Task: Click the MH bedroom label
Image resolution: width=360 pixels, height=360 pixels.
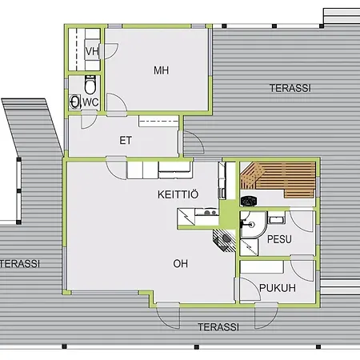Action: pos(162,70)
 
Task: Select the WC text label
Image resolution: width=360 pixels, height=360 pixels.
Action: pos(90,102)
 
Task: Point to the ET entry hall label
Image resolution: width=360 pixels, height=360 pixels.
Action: pos(126,141)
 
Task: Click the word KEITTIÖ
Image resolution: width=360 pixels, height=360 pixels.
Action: pos(178,194)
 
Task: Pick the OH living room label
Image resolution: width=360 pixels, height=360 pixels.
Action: pos(181,262)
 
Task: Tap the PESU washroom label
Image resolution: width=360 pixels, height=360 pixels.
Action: pos(279,239)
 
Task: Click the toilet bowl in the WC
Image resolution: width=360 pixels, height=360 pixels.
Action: pos(89,85)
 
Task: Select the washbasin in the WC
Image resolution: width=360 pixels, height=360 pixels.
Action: pos(75,101)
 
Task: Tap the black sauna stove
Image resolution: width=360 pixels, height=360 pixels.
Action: pos(248,201)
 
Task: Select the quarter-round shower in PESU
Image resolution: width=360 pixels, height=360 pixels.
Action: pos(250,225)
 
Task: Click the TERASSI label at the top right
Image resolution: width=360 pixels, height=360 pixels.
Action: pos(290,87)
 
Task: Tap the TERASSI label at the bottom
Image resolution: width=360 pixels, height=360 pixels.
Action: pos(218,326)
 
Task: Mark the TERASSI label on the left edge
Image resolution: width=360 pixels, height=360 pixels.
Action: pos(19,262)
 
